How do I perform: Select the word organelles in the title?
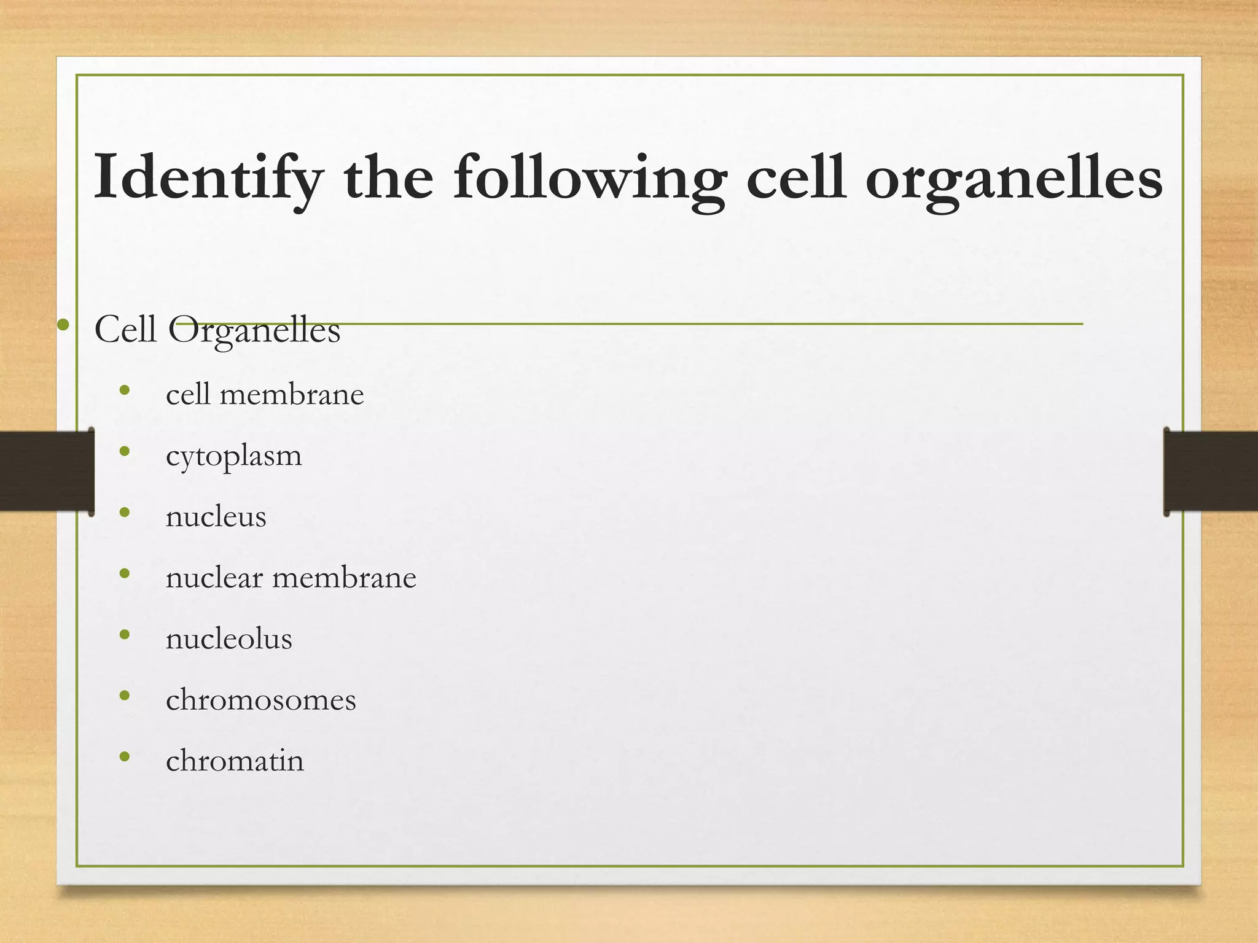pos(1014,178)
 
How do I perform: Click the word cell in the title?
pos(795,178)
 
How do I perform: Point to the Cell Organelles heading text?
pos(217,330)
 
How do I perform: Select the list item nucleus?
pos(216,516)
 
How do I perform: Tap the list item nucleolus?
pos(229,638)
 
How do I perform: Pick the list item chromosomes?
pos(261,700)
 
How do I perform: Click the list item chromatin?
pos(235,761)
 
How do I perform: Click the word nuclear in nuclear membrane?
pos(214,578)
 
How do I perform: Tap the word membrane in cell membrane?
pos(292,394)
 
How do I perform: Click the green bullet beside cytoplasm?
pos(125,451)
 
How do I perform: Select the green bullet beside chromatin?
pos(125,756)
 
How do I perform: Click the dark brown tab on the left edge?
pos(46,471)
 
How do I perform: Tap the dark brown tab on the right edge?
pos(1210,471)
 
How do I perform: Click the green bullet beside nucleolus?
pos(125,634)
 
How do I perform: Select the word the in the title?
pos(388,178)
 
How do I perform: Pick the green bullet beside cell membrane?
pos(125,390)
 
